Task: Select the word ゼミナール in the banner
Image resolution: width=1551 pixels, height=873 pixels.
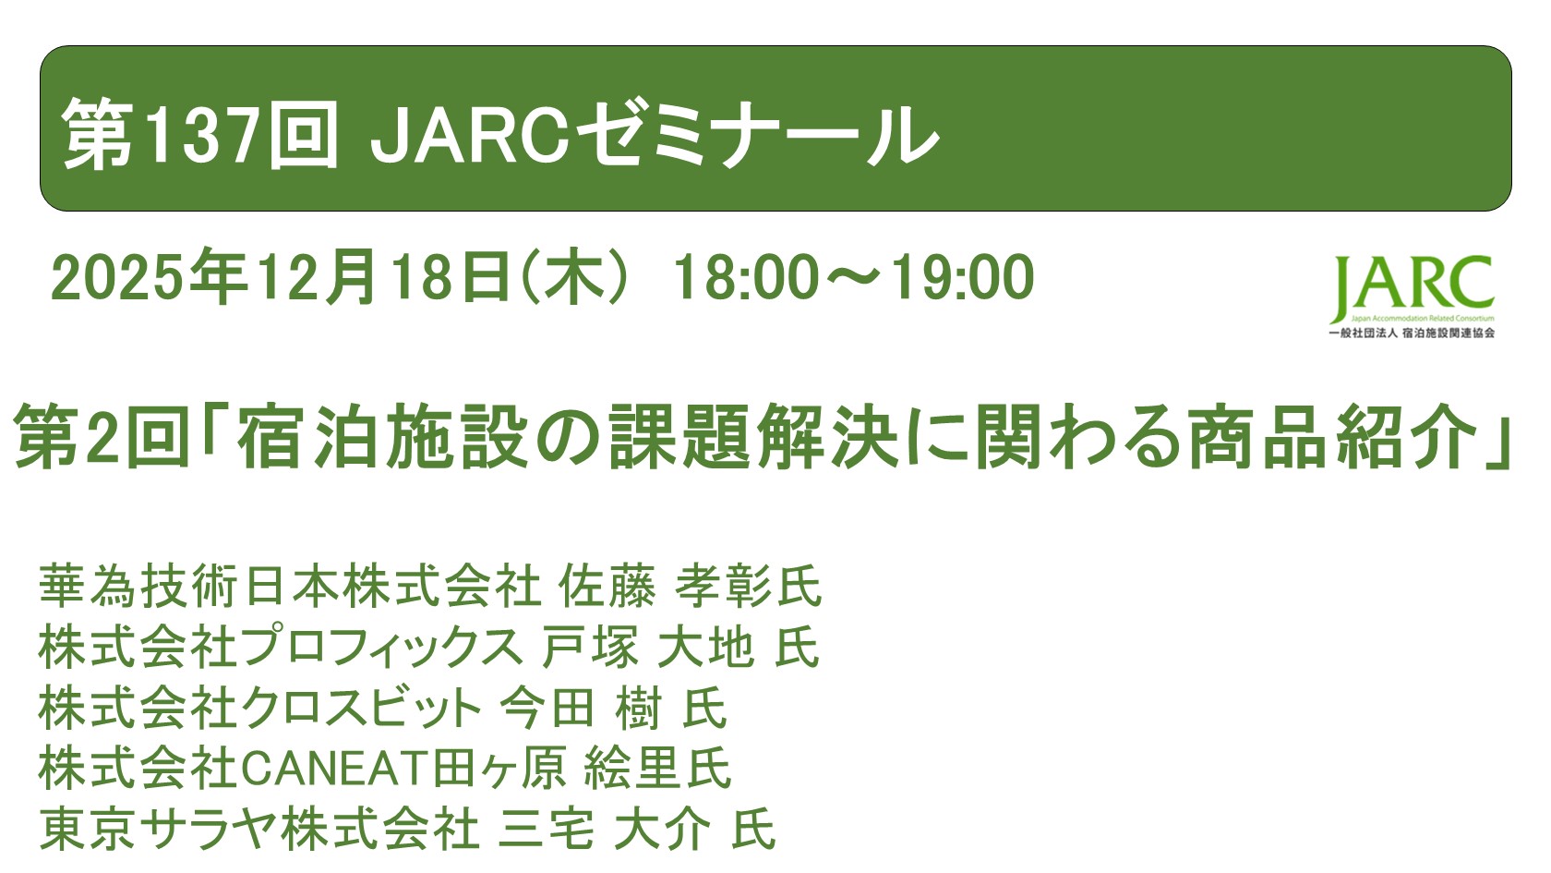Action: [755, 136]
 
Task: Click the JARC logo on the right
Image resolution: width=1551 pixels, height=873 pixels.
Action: [1413, 296]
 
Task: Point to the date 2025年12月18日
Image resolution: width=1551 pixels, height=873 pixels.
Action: [281, 277]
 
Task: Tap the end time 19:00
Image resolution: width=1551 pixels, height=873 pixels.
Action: [962, 277]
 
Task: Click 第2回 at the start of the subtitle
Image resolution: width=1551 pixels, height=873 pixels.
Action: [102, 436]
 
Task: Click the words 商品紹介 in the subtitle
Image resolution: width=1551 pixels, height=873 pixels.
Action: [1333, 436]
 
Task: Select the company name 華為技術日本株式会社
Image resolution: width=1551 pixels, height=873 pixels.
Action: [290, 586]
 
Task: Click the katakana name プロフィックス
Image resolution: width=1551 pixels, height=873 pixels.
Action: [381, 647]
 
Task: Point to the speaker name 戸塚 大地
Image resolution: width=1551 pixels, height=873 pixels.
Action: [648, 647]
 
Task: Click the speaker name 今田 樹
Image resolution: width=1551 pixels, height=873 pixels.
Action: [581, 708]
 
